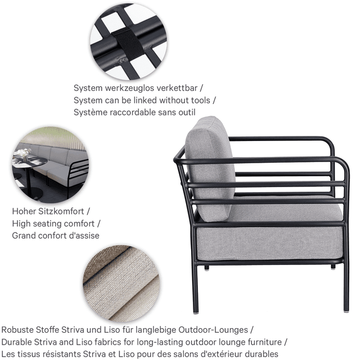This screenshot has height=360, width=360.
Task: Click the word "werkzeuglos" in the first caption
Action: click(130, 88)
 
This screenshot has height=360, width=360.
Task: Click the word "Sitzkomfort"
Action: click(61, 211)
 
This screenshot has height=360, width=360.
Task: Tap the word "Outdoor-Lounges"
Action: click(213, 330)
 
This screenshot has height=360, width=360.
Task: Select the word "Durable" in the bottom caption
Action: click(16, 342)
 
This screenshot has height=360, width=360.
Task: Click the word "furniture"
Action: click(264, 342)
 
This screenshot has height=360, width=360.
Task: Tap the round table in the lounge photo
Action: click(30, 163)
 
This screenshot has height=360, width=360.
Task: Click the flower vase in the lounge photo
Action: click(24, 154)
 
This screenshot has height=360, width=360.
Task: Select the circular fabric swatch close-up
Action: click(121, 283)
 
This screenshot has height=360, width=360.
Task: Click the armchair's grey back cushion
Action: click(210, 169)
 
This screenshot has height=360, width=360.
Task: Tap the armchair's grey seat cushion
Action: click(269, 232)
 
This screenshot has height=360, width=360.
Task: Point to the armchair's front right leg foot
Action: click(346, 311)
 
